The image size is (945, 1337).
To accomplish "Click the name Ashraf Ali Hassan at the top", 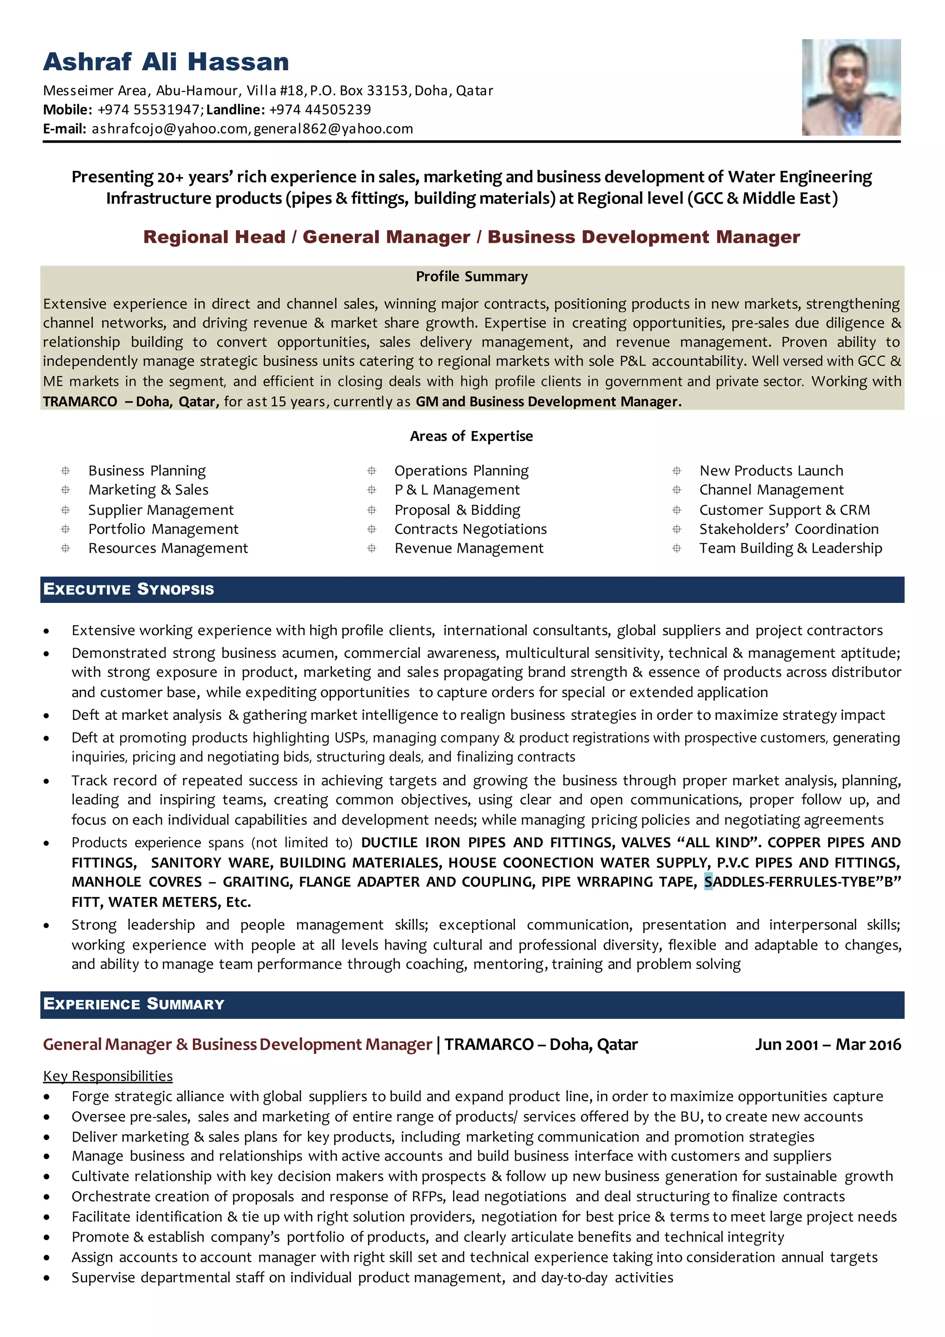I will pyautogui.click(x=166, y=62).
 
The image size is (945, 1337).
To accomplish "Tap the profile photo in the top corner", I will pyautogui.click(x=851, y=87).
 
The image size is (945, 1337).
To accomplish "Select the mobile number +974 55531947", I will pyautogui.click(x=149, y=109).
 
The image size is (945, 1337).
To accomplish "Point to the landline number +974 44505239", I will pyautogui.click(x=320, y=109).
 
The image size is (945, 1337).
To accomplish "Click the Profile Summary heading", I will pyautogui.click(x=471, y=277).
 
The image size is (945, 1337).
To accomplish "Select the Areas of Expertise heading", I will pyautogui.click(x=471, y=436).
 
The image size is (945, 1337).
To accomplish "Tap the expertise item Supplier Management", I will pyautogui.click(x=161, y=510).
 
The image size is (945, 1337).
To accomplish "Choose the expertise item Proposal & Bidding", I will pyautogui.click(x=457, y=510).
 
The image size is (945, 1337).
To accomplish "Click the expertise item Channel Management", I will pyautogui.click(x=771, y=490).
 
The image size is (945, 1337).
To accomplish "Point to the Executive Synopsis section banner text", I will pyautogui.click(x=129, y=589).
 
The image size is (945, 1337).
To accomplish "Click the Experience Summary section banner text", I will pyautogui.click(x=134, y=1004).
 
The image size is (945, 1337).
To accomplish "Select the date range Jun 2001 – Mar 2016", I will pyautogui.click(x=827, y=1044).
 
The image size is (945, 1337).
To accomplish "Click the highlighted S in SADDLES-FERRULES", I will pyautogui.click(x=708, y=882).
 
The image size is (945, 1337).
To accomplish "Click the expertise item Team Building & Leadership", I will pyautogui.click(x=790, y=548).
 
